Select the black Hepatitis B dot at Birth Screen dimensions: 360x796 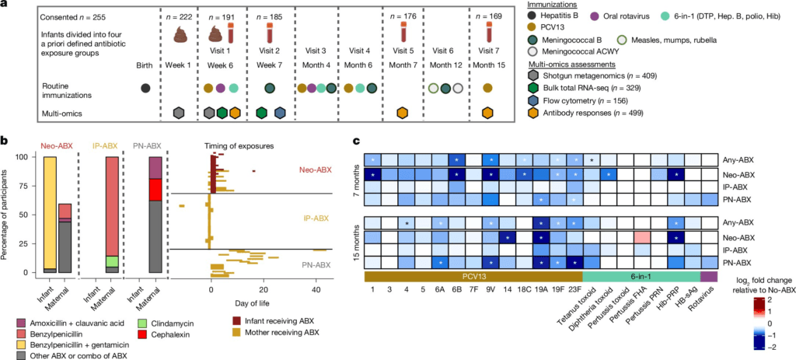click(x=145, y=89)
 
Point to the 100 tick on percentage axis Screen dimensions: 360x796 click(x=28, y=157)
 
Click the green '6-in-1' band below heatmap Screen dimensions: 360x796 click(x=641, y=276)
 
